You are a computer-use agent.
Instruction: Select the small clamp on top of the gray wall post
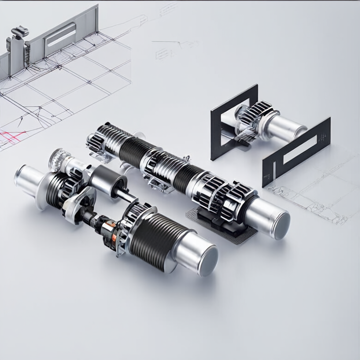[19, 32]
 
